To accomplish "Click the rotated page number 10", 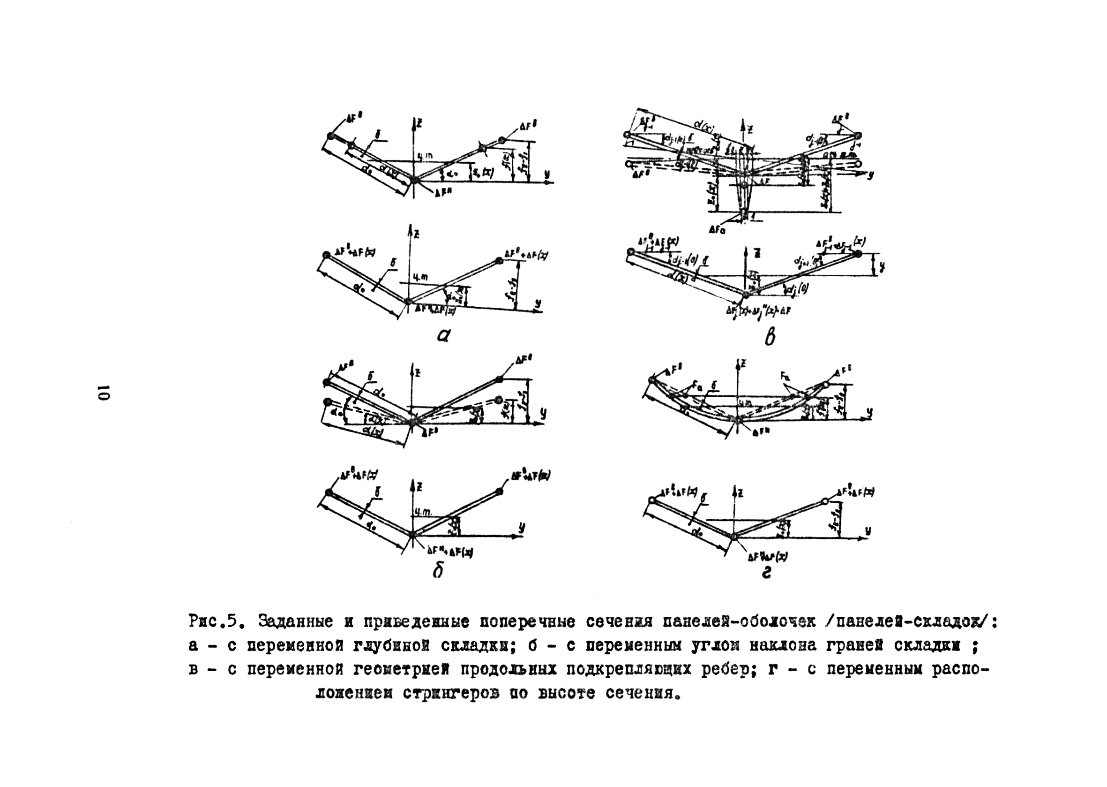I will tap(104, 393).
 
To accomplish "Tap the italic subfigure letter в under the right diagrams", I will tap(770, 336).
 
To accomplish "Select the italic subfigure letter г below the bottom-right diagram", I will tap(766, 573).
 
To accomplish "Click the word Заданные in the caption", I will tap(295, 622).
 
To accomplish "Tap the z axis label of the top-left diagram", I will tap(419, 124).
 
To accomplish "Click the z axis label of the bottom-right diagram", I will tap(741, 493).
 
